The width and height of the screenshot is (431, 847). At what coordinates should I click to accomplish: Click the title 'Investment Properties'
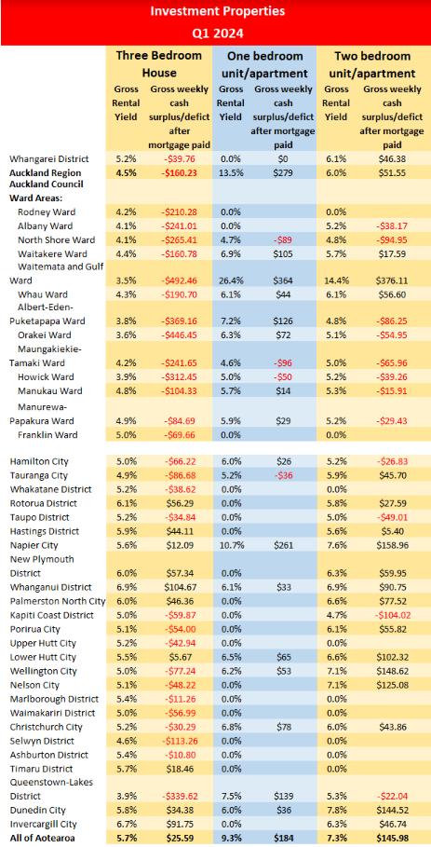(x=217, y=11)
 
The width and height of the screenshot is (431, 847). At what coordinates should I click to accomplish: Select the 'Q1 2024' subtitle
(x=217, y=34)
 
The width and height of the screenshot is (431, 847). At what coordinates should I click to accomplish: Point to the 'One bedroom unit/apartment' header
(x=263, y=64)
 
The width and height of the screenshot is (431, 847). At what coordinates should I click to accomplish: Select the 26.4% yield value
(x=230, y=280)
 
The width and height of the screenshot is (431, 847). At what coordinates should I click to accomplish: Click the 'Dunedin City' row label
(x=37, y=811)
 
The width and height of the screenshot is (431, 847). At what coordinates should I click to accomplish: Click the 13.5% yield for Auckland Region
(x=230, y=173)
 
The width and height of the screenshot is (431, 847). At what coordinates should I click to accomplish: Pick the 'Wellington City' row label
(x=43, y=671)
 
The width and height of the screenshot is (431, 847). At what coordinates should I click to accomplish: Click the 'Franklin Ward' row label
(x=47, y=434)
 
